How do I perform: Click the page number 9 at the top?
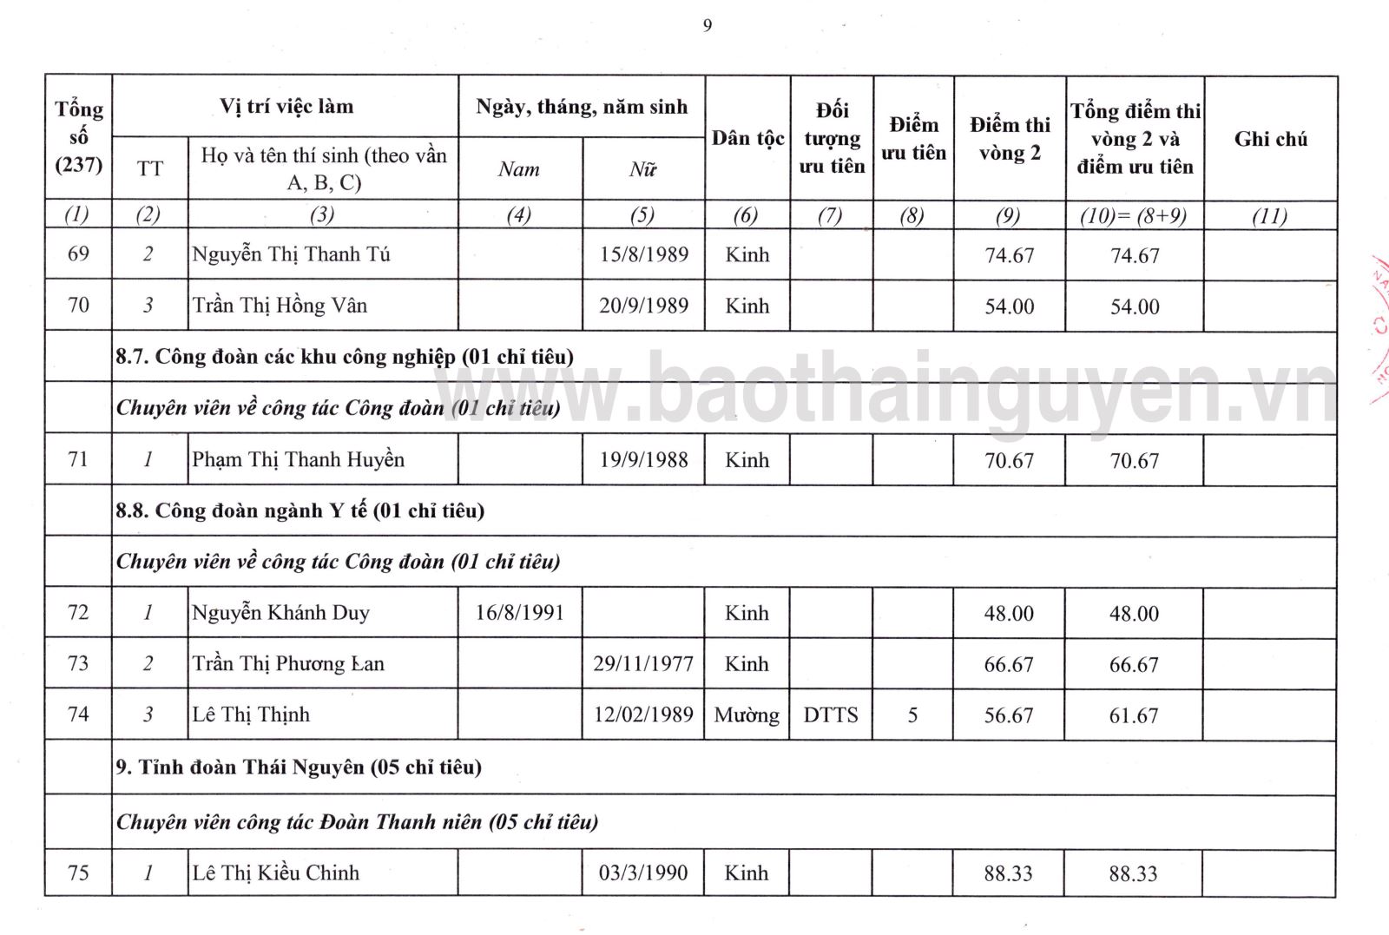708,26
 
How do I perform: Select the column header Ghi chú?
1270,139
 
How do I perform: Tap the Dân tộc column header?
747,139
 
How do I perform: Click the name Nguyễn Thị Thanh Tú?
291,254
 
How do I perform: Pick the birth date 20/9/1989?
643,306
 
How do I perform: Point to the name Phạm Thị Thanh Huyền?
298,459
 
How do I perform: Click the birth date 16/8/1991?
519,613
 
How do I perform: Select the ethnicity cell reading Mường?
747,715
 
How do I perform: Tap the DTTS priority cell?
831,715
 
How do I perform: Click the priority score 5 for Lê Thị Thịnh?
912,715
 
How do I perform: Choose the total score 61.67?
1134,716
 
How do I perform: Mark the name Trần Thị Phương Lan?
287,664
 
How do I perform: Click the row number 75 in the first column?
78,872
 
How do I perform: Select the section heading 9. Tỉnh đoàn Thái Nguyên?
299,767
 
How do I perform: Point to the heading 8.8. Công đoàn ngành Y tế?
300,510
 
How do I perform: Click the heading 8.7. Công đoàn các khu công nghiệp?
344,357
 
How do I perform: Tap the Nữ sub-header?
642,170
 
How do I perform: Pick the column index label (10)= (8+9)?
1133,216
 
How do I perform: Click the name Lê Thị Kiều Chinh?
275,872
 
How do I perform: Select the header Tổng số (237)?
79,136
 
